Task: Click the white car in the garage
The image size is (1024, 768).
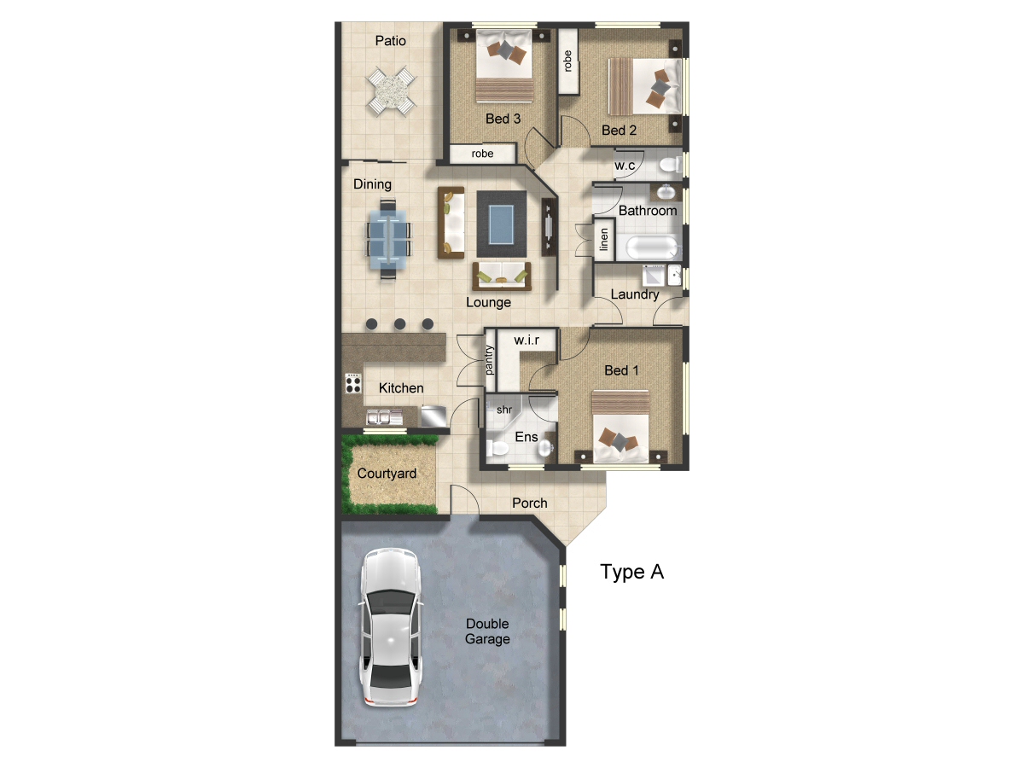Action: point(391,627)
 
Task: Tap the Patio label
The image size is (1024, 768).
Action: point(391,41)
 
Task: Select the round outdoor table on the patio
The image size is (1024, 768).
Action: point(391,91)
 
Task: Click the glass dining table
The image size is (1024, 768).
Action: point(387,240)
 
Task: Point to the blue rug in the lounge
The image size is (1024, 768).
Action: point(502,224)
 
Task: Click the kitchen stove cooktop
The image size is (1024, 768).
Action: point(353,383)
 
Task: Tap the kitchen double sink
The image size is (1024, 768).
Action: point(384,417)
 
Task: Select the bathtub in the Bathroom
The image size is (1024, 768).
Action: point(651,247)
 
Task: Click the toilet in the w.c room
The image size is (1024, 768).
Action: point(671,165)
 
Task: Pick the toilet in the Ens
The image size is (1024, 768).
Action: point(497,449)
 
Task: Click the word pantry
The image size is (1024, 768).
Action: point(489,360)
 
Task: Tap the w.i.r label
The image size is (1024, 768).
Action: point(527,340)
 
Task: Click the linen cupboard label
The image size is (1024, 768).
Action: point(604,240)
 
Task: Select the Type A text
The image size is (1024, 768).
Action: point(631,572)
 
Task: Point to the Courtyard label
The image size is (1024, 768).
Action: point(387,474)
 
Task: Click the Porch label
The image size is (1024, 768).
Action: point(530,503)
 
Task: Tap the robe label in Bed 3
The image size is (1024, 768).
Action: point(482,154)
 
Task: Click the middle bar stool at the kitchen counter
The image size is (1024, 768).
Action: point(400,324)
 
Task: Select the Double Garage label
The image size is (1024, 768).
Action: point(487,631)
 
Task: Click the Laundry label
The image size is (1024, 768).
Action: point(635,294)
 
